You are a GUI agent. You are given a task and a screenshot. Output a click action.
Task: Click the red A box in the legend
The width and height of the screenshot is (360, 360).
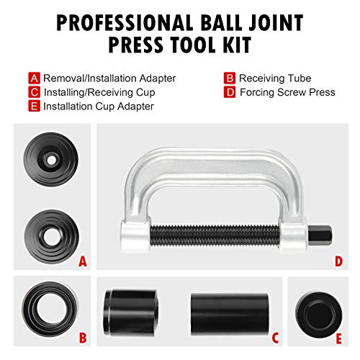pyautogui.click(x=35, y=77)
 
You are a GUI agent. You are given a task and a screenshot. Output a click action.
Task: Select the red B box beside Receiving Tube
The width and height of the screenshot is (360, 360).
pyautogui.click(x=230, y=77)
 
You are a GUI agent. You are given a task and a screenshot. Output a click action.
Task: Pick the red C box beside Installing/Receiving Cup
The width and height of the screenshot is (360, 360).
pyautogui.click(x=35, y=92)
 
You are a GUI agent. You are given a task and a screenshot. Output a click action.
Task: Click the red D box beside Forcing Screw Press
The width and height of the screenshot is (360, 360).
pyautogui.click(x=230, y=92)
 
